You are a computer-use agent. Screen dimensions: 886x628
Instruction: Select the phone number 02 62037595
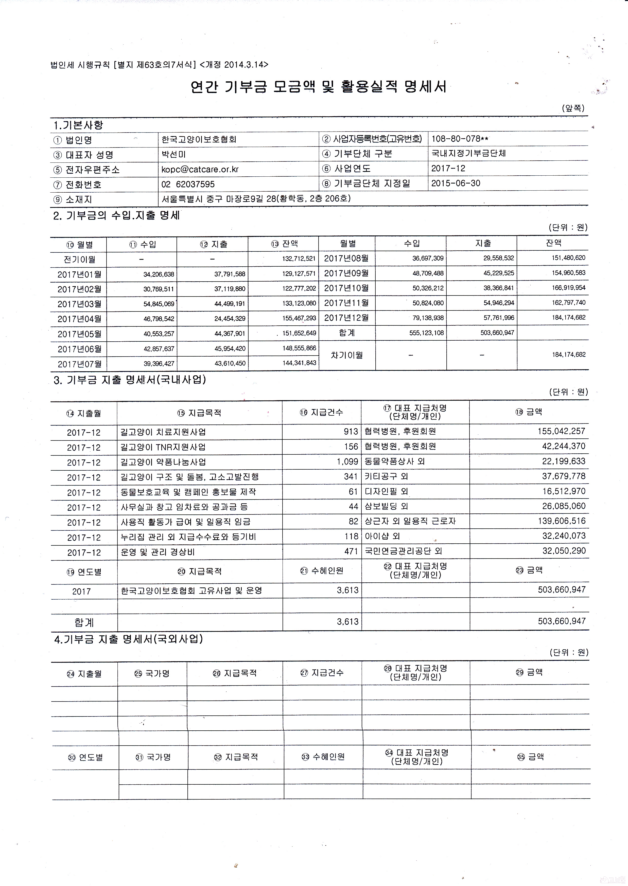pyautogui.click(x=188, y=184)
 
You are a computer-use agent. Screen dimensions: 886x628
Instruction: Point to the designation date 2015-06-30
pyautogui.click(x=456, y=183)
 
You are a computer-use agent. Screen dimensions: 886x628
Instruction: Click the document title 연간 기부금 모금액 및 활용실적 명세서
pyautogui.click(x=318, y=87)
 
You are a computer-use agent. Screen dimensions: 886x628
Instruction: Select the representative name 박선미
pyautogui.click(x=174, y=154)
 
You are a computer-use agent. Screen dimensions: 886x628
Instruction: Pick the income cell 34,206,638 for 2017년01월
pyautogui.click(x=159, y=274)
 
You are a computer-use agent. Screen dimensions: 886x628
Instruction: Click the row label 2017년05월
pyautogui.click(x=79, y=334)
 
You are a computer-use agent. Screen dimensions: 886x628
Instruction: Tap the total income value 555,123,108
pyautogui.click(x=427, y=333)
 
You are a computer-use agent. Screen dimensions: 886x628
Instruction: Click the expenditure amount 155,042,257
pyautogui.click(x=562, y=431)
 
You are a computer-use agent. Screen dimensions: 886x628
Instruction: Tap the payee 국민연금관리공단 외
pyautogui.click(x=403, y=551)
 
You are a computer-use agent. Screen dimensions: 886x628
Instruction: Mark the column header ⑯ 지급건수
pyautogui.click(x=321, y=412)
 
